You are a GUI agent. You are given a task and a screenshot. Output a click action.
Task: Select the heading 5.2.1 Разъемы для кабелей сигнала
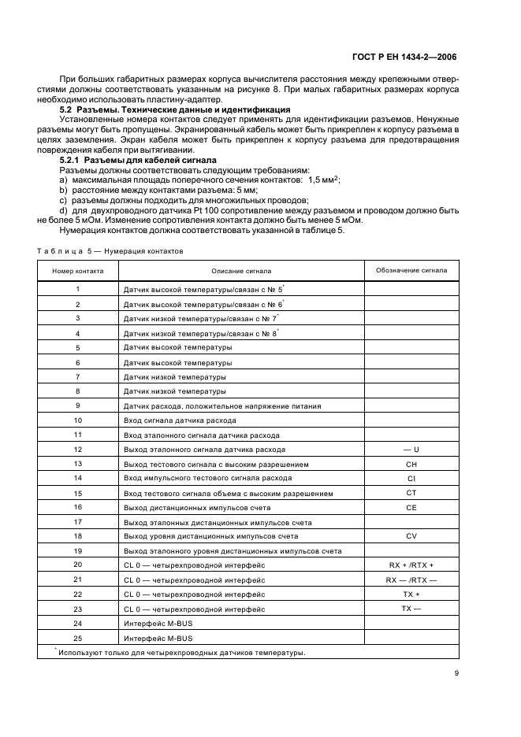[x=132, y=160]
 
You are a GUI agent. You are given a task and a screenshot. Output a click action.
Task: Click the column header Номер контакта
[x=77, y=270]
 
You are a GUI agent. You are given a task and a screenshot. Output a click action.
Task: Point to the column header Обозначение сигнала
[x=411, y=270]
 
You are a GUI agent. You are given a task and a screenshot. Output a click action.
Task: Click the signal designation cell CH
[x=411, y=465]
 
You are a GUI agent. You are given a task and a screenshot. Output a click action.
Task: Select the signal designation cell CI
[x=411, y=479]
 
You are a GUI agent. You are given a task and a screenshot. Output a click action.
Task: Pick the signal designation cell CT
[x=411, y=493]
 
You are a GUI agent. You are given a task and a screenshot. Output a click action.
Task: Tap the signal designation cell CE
[x=411, y=508]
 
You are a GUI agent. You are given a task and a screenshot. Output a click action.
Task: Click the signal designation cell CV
[x=411, y=536]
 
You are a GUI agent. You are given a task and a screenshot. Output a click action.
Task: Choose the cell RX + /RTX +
[x=411, y=565]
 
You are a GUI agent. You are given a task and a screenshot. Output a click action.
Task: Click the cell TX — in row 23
[x=411, y=609]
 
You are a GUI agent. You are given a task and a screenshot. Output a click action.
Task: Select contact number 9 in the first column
[x=77, y=406]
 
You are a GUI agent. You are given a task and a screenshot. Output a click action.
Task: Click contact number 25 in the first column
[x=77, y=637]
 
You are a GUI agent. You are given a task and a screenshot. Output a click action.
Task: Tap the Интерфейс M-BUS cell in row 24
[x=155, y=623]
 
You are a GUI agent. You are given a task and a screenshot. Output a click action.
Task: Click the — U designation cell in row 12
[x=411, y=450]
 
